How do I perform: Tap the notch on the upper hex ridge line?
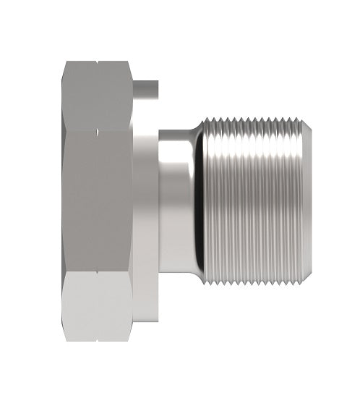pos(96,131)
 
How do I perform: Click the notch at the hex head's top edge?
pos(96,63)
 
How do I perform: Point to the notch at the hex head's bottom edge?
pos(96,339)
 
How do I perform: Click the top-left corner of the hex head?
pos(64,63)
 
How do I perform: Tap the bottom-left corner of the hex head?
pos(64,339)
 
